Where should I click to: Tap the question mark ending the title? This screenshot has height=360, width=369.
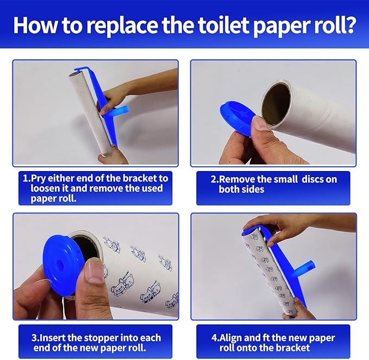pyautogui.click(x=350, y=25)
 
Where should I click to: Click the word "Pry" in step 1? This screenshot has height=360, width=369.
pyautogui.click(x=40, y=178)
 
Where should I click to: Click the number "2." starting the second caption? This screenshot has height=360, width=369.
pyautogui.click(x=215, y=179)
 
